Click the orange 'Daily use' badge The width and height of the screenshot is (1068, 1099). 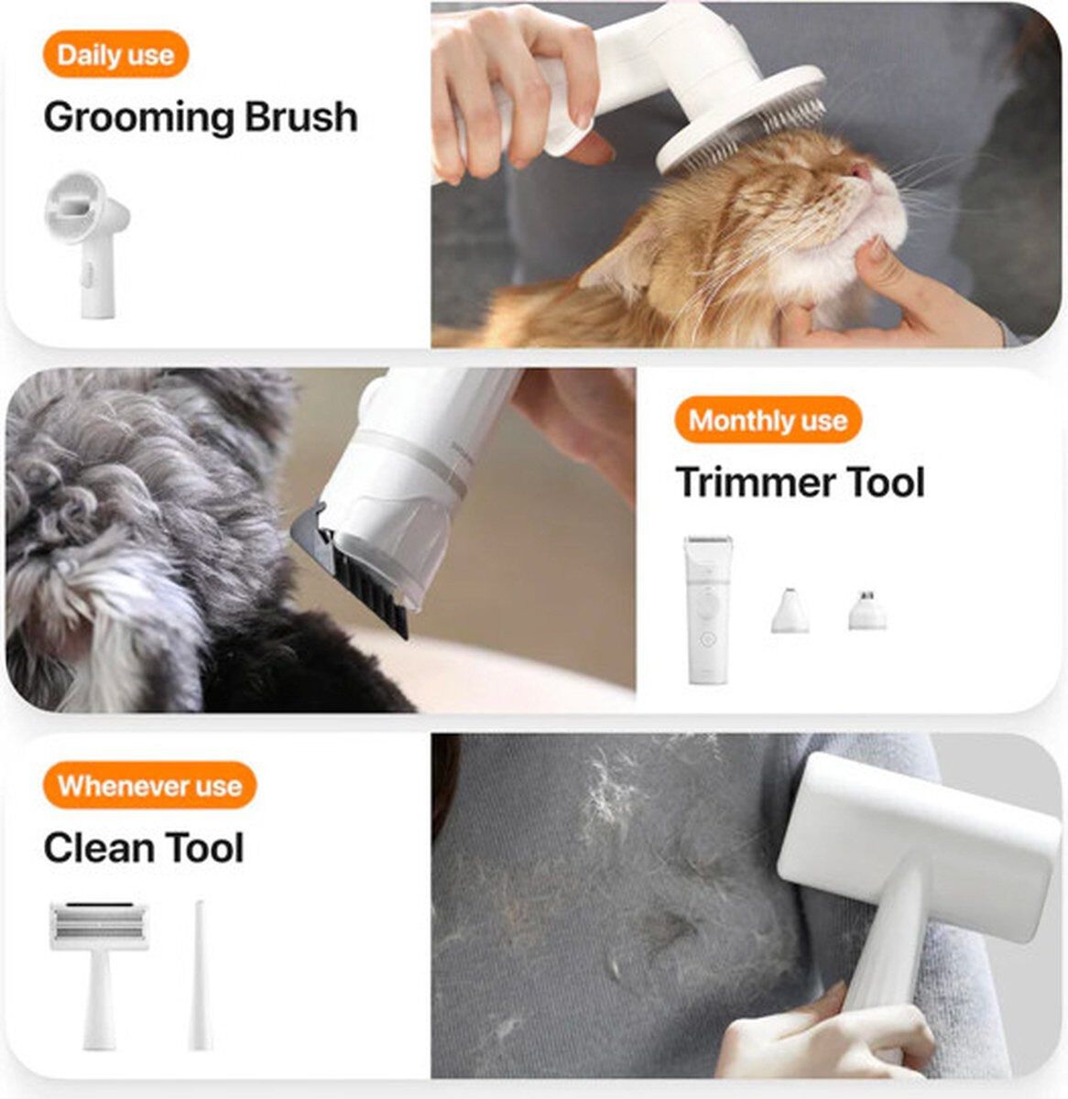(115, 55)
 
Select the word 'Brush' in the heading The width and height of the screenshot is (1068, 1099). (301, 117)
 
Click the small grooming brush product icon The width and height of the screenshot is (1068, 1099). (87, 245)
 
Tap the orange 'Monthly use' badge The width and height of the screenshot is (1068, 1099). (768, 420)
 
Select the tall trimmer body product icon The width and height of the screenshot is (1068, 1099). (708, 609)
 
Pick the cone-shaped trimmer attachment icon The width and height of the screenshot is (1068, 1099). (790, 611)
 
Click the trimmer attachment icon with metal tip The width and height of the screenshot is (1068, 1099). (866, 610)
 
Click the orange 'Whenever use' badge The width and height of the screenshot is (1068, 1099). (149, 786)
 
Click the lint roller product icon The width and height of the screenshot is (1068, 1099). (100, 969)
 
